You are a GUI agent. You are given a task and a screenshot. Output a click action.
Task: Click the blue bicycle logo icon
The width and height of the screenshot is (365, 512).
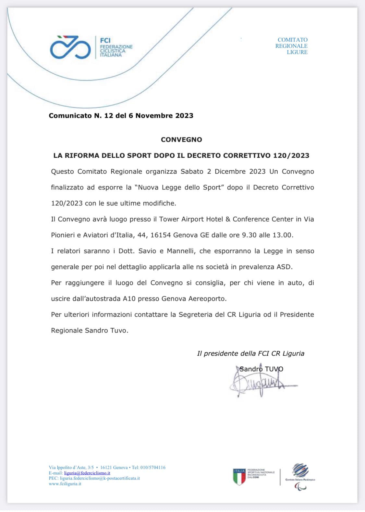(x=70, y=48)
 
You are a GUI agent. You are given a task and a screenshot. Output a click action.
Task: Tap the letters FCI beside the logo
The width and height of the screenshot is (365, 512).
(x=105, y=41)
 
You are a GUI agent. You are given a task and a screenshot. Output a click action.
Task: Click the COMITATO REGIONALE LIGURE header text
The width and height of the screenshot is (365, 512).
(x=291, y=46)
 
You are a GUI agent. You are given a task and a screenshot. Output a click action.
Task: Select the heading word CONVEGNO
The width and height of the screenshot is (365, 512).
(x=181, y=140)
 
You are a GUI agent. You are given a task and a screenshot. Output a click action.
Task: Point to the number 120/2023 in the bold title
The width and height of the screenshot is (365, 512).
(x=291, y=155)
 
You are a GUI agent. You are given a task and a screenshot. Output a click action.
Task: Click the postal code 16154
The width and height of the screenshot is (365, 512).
(x=160, y=235)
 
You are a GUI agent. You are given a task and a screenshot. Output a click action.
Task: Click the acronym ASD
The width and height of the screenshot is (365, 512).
(x=284, y=267)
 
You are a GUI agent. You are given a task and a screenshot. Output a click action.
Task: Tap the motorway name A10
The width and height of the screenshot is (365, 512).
(x=129, y=299)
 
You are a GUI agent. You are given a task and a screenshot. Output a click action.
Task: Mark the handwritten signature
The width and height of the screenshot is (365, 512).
(x=260, y=383)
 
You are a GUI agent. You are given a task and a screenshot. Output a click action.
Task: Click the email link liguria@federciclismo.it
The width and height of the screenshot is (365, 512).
(x=87, y=473)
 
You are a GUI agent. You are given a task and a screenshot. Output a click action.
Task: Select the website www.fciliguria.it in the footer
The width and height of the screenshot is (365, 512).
(x=65, y=484)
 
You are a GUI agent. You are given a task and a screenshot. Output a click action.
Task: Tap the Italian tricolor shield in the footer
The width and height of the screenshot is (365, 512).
(x=239, y=477)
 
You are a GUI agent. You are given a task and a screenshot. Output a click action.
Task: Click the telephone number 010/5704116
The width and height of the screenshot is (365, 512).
(x=153, y=468)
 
